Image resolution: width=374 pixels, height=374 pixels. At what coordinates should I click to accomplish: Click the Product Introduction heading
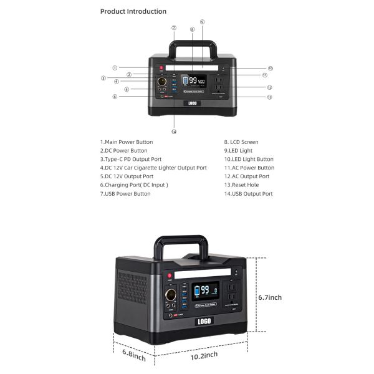click(x=133, y=11)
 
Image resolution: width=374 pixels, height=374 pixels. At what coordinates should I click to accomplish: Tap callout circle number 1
click(x=115, y=67)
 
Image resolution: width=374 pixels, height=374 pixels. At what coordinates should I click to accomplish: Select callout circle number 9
click(x=202, y=22)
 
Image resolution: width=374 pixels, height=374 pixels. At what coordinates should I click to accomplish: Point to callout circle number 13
click(x=269, y=97)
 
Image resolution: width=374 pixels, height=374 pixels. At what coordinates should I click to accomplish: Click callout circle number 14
click(x=174, y=132)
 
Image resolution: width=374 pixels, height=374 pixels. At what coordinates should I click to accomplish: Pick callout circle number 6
click(x=115, y=97)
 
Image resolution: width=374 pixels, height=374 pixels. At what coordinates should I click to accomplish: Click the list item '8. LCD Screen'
click(x=241, y=142)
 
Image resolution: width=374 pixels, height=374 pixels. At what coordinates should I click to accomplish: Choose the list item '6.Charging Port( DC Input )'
click(x=134, y=185)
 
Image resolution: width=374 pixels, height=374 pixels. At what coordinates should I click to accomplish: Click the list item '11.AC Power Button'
click(x=249, y=168)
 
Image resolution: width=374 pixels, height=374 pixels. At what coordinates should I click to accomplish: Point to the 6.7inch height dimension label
click(x=270, y=297)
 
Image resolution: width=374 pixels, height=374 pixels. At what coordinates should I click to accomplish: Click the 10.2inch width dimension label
click(x=204, y=355)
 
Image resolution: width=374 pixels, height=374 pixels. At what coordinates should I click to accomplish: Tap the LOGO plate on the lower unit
click(x=203, y=321)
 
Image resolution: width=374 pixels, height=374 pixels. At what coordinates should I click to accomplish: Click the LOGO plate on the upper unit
click(x=193, y=103)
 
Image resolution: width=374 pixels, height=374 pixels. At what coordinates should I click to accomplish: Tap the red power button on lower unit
click(x=169, y=276)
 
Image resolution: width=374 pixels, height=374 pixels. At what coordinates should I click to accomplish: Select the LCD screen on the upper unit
click(x=193, y=81)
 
